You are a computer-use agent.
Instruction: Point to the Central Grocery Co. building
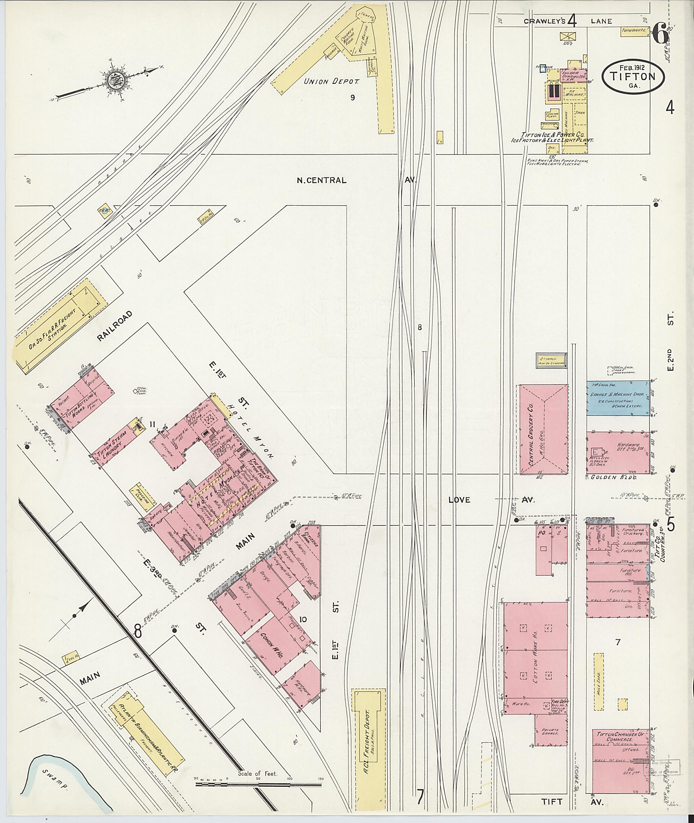[543, 429]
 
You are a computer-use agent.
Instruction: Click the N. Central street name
[322, 181]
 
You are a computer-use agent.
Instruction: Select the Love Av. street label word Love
[459, 500]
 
